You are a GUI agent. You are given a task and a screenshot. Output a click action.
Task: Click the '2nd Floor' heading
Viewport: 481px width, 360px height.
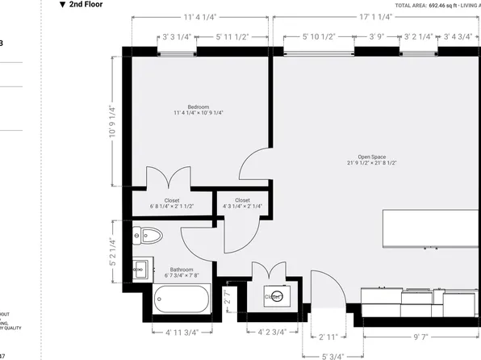85,5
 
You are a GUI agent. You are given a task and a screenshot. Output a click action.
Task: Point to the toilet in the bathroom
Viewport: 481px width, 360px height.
149,236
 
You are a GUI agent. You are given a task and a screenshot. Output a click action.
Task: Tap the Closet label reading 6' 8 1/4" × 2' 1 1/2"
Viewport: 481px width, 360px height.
171,203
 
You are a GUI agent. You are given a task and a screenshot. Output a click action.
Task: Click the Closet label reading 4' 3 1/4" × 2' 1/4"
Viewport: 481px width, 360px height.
242,203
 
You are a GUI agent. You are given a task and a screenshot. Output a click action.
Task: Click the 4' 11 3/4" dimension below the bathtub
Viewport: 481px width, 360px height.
182,332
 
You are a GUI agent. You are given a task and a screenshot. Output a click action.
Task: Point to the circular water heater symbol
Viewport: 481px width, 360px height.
276,295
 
